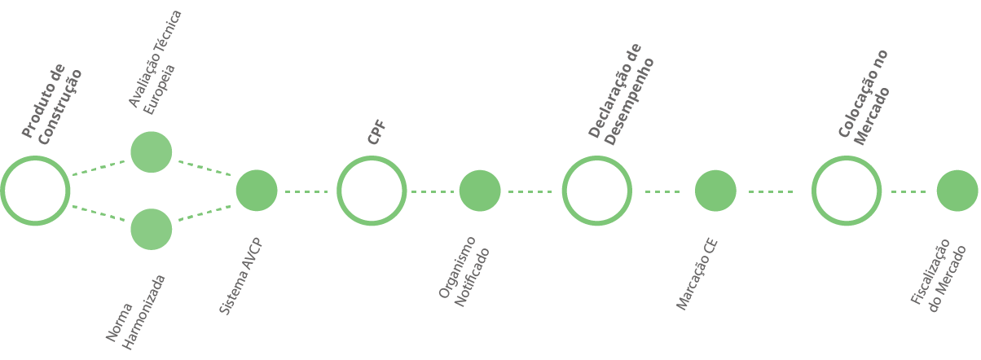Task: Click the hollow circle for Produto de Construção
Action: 34,191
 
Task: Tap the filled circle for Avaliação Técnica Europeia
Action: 151,152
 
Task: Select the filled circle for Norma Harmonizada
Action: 151,229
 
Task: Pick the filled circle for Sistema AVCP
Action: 257,191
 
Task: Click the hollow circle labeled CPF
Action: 372,191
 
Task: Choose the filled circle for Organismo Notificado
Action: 480,191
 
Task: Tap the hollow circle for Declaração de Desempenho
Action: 597,191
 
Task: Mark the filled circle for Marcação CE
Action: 715,191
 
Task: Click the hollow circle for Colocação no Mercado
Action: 847,191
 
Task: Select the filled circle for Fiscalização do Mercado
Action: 957,191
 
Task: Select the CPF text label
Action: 376,132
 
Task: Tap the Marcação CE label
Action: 697,275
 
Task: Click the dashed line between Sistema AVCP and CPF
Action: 306,191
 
